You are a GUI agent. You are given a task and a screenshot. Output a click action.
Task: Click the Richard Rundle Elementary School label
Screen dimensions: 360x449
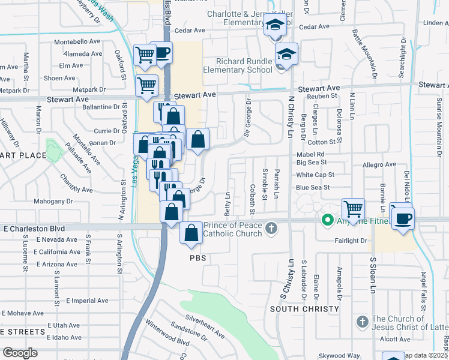pos(237,65)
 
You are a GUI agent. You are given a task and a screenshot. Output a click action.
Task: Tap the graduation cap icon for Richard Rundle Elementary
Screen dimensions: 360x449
pos(287,55)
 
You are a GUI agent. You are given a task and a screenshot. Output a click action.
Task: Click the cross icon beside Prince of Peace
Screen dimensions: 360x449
pos(271,227)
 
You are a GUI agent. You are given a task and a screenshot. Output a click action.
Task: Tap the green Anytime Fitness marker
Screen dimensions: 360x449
pos(328,220)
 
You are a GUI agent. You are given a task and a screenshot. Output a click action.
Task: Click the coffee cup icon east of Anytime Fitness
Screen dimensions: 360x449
pos(403,217)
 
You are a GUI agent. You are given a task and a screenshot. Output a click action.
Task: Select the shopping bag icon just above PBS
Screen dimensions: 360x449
pos(191,235)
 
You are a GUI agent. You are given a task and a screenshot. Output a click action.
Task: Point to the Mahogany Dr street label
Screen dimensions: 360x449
pos(53,201)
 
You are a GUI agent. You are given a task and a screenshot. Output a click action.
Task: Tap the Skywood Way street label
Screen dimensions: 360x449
pos(340,356)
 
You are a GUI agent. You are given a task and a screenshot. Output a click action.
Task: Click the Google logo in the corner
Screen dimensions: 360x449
pos(19,353)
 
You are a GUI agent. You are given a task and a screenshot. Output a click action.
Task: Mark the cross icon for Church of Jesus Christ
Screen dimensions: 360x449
pos(362,323)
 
